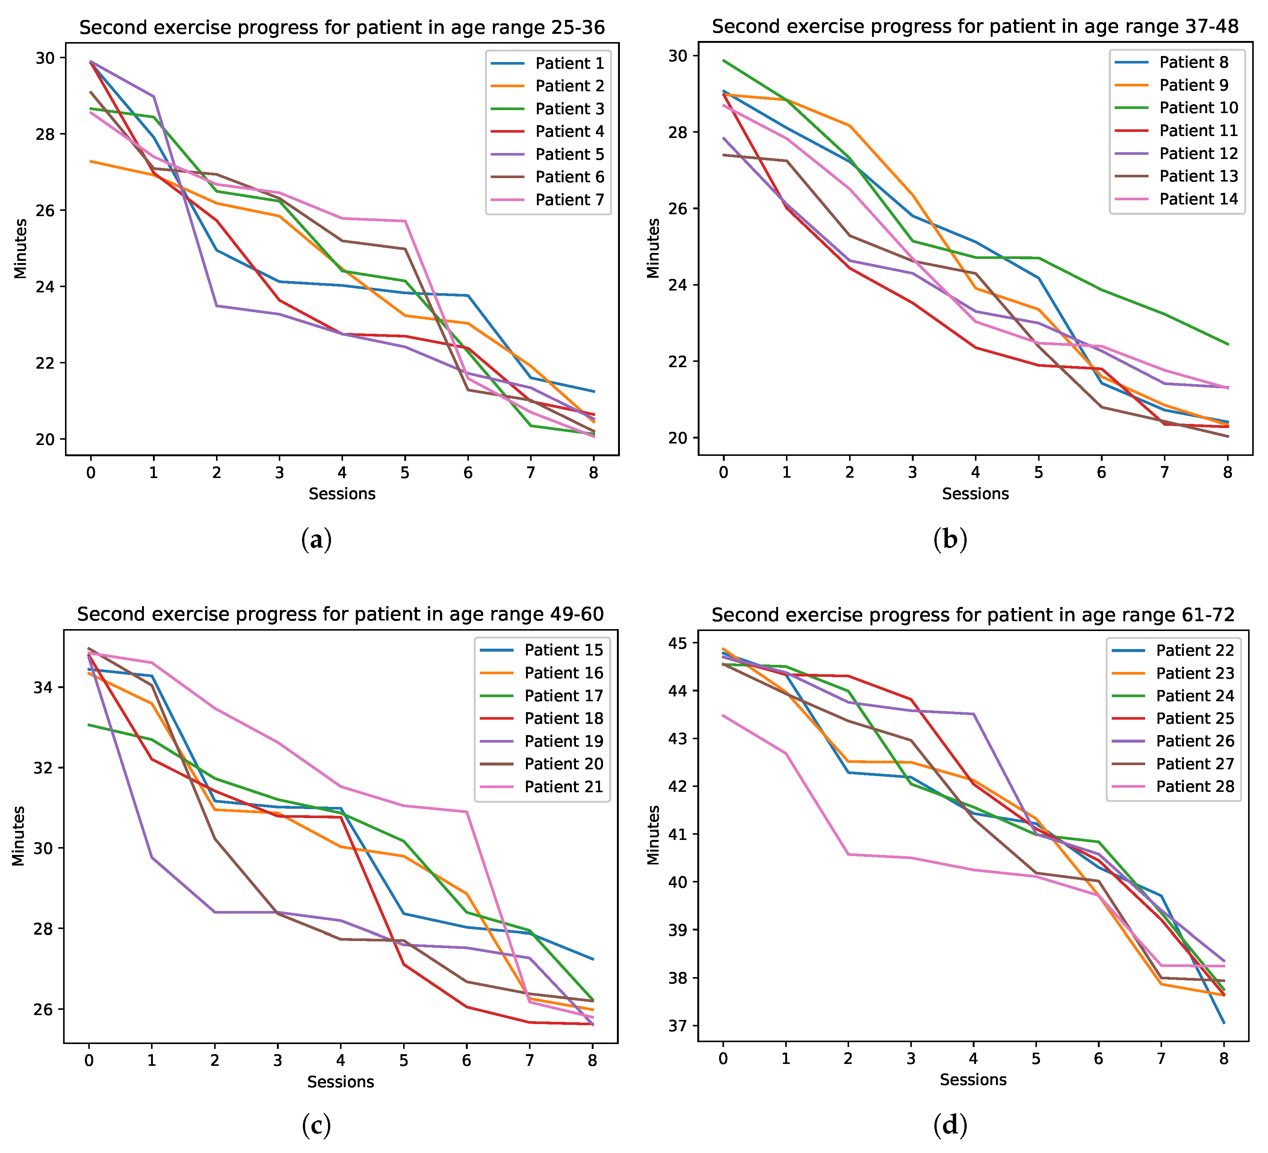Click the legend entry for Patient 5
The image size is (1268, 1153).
pos(547,154)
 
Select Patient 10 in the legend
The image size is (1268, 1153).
pos(1176,107)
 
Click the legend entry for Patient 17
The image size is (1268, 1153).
pos(541,696)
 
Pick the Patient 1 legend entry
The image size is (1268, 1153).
pos(547,63)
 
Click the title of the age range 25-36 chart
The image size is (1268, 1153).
pos(342,28)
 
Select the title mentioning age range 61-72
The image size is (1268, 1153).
pos(973,614)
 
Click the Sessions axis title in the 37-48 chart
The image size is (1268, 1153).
pos(975,494)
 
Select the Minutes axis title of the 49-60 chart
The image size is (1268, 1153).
pos(18,836)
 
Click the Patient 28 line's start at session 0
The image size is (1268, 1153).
pos(723,715)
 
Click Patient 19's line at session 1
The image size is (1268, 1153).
pos(151,857)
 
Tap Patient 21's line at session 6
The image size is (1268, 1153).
pos(467,811)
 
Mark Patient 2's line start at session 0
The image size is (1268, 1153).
pos(91,161)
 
